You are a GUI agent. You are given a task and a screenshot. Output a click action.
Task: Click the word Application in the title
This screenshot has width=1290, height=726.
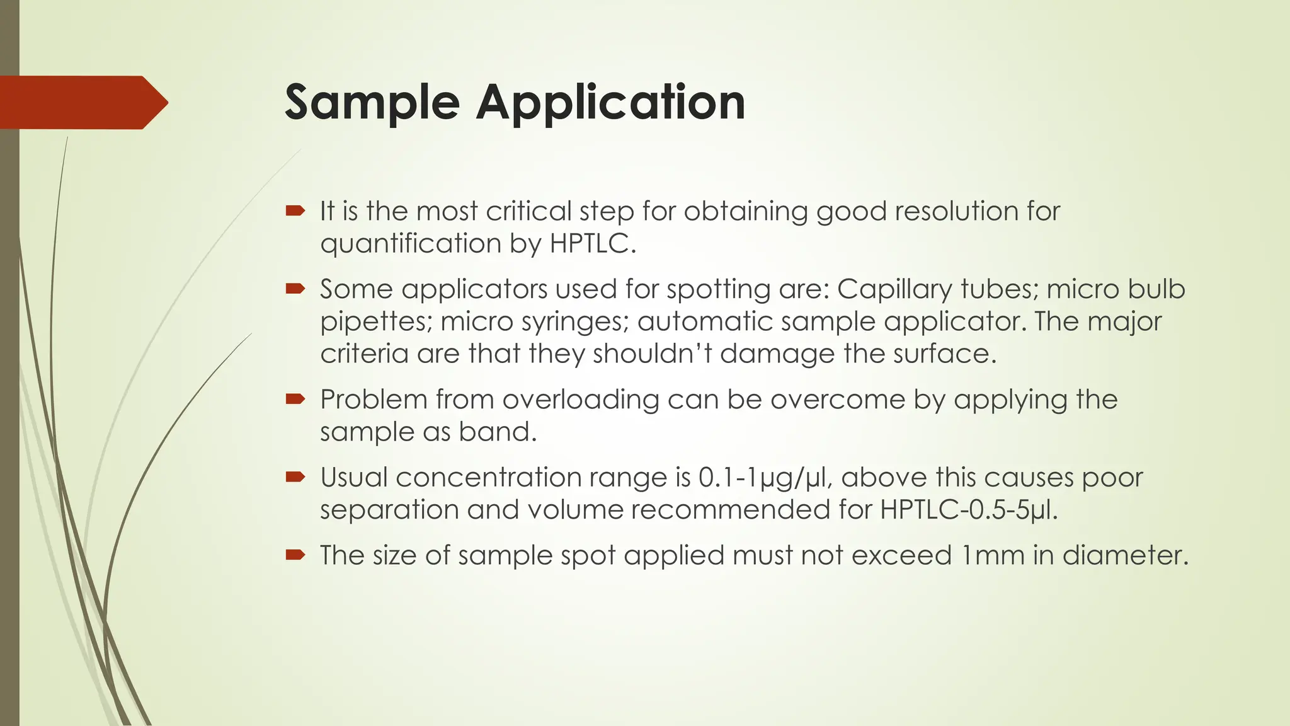tap(610, 103)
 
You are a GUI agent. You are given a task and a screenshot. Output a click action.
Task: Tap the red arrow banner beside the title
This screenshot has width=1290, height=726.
tap(82, 103)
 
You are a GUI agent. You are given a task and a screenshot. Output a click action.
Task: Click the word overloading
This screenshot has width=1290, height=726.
tap(580, 400)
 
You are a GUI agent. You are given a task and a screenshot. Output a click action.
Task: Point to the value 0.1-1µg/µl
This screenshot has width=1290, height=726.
tap(766, 478)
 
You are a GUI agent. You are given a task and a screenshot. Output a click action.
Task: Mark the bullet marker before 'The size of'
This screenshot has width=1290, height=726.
tap(295, 555)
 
